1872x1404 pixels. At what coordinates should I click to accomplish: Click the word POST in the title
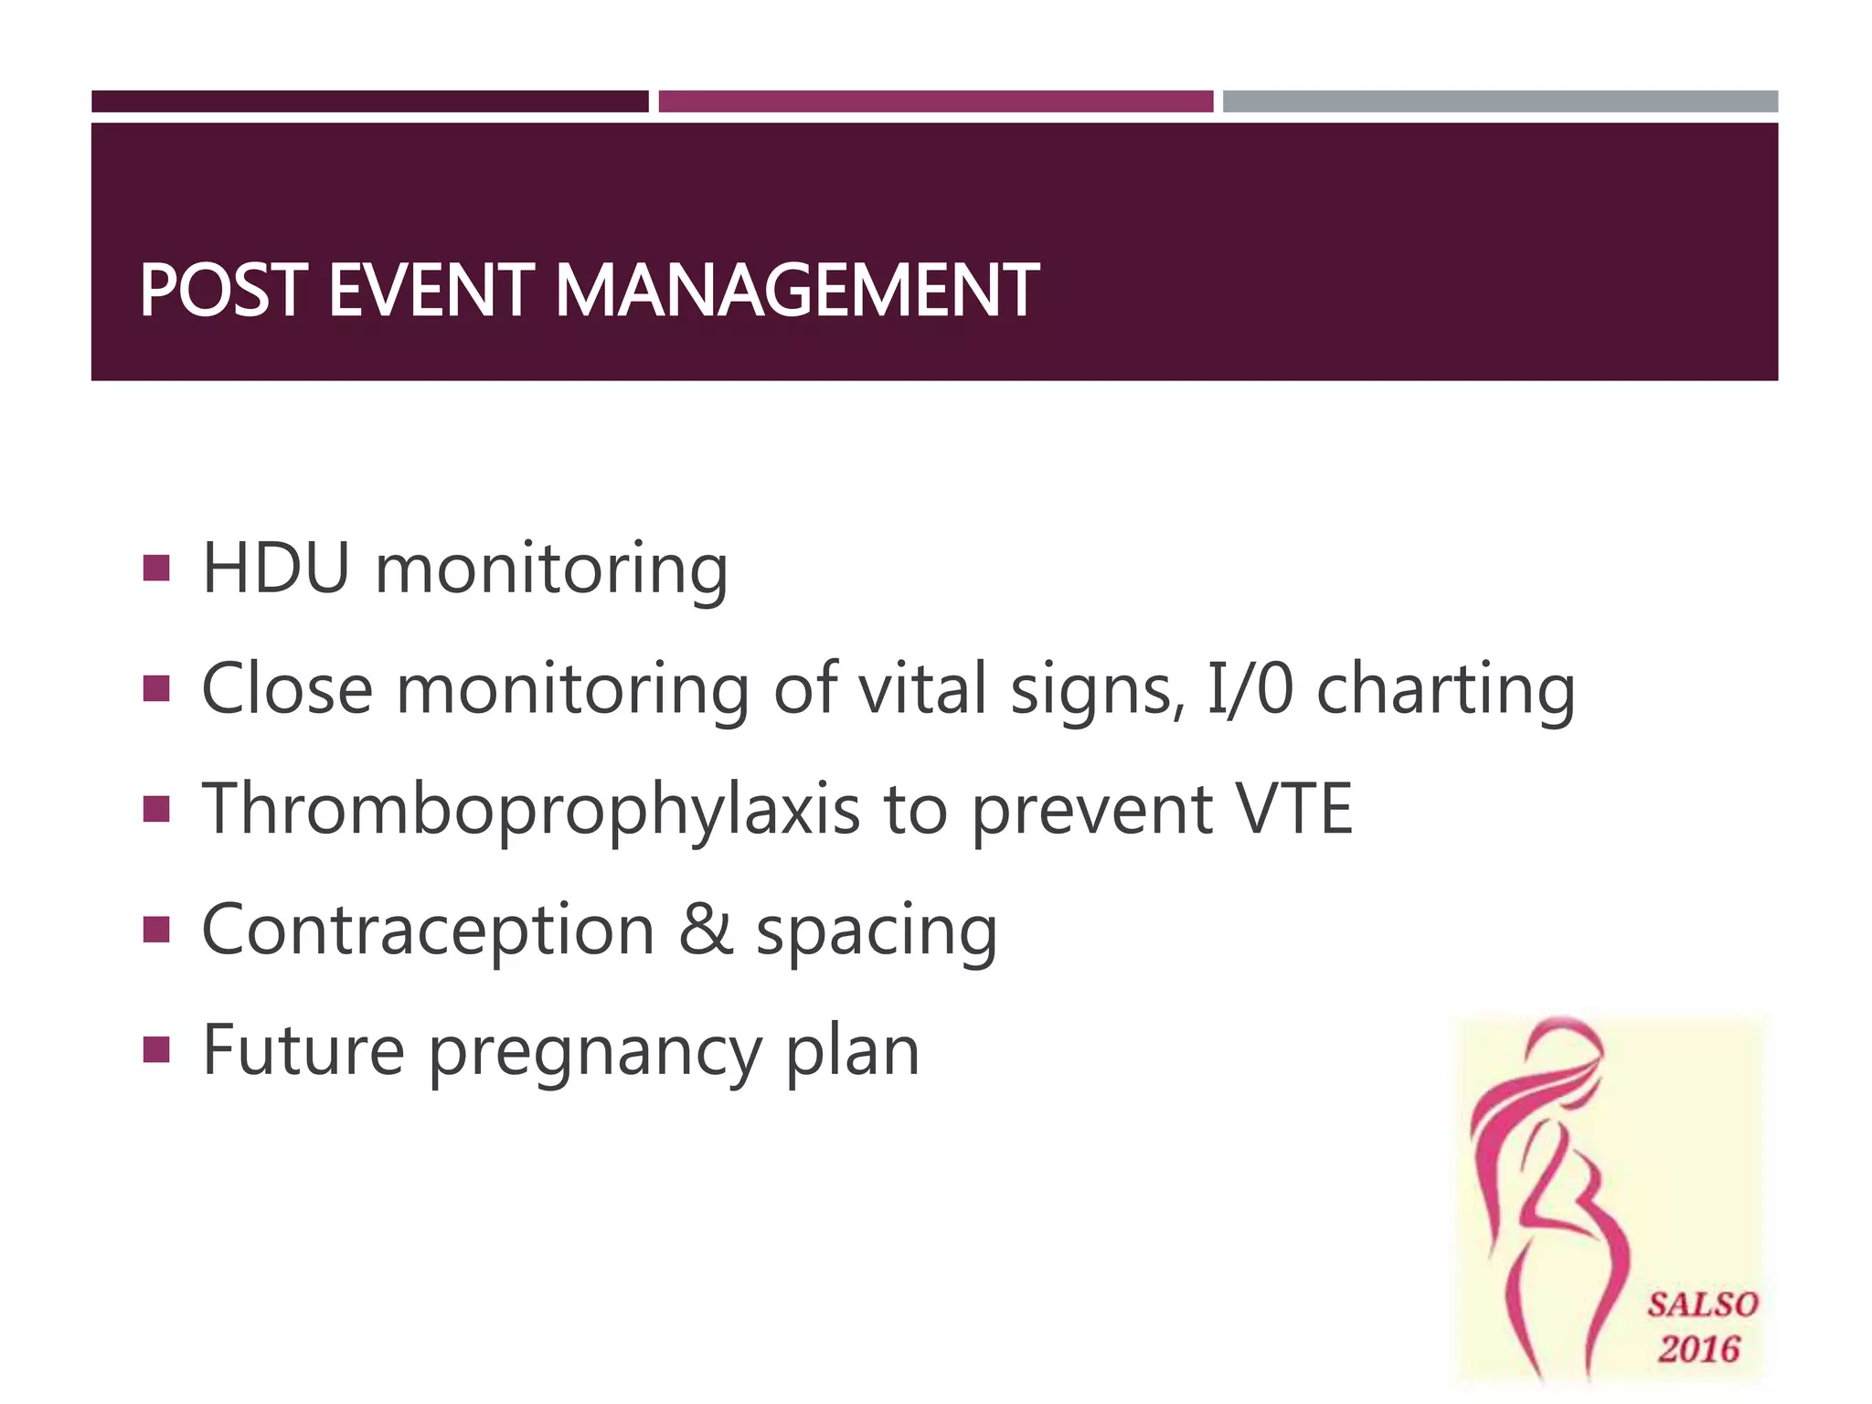pyautogui.click(x=222, y=291)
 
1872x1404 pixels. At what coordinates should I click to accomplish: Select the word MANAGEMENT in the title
pyautogui.click(x=796, y=291)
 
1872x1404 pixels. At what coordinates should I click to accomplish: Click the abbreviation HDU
pyautogui.click(x=276, y=569)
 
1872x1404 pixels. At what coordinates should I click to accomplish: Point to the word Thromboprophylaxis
pyautogui.click(x=530, y=810)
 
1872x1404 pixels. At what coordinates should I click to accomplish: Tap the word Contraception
pyautogui.click(x=428, y=931)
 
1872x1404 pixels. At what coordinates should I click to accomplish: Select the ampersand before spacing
pyautogui.click(x=706, y=931)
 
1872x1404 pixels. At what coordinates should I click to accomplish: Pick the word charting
pyautogui.click(x=1445, y=689)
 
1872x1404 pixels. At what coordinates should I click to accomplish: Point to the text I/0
pyautogui.click(x=1250, y=689)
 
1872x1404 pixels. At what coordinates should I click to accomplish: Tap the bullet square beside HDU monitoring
pyautogui.click(x=156, y=569)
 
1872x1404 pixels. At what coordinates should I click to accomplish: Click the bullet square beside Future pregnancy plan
pyautogui.click(x=156, y=1050)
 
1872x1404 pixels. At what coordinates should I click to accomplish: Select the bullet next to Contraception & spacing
pyautogui.click(x=156, y=930)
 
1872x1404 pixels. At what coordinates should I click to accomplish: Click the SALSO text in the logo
pyautogui.click(x=1702, y=1304)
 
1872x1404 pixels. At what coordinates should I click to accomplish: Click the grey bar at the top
pyautogui.click(x=1500, y=101)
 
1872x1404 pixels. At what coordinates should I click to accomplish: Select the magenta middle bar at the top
pyautogui.click(x=935, y=101)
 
